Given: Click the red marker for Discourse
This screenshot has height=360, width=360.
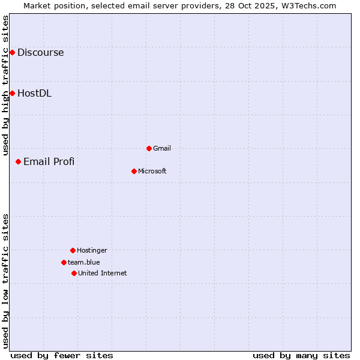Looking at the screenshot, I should coord(12,52).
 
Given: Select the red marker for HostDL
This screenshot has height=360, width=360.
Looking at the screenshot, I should coord(12,93).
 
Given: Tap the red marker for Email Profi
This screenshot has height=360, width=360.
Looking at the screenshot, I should coord(18,161).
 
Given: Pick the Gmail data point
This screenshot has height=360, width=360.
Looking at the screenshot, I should coord(149,148).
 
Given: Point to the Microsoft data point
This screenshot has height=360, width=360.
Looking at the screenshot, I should coord(134,171).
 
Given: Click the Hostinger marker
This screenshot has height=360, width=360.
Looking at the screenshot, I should coord(73,250).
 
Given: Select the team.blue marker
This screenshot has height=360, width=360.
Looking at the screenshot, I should coord(64,262).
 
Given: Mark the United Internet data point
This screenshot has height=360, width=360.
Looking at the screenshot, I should coord(74,273).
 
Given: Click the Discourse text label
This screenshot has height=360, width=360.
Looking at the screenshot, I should coord(40,52).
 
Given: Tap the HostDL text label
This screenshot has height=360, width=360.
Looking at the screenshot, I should coord(34,93).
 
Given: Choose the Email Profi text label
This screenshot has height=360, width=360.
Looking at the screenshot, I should coord(49,161).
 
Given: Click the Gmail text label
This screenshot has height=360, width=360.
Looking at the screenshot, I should coord(162,148).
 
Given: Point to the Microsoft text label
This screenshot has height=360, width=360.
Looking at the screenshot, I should coord(152,171).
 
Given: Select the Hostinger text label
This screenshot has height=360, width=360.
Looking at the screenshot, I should coord(92,250).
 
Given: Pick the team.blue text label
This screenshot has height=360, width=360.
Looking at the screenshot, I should coord(84,262).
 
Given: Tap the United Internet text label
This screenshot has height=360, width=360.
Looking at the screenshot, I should coord(102,273).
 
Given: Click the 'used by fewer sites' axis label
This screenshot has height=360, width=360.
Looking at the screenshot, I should coord(62,355).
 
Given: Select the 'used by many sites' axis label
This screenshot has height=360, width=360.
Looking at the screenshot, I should coord(301,355).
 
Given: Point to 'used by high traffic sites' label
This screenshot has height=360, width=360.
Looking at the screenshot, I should coord(5,85).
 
